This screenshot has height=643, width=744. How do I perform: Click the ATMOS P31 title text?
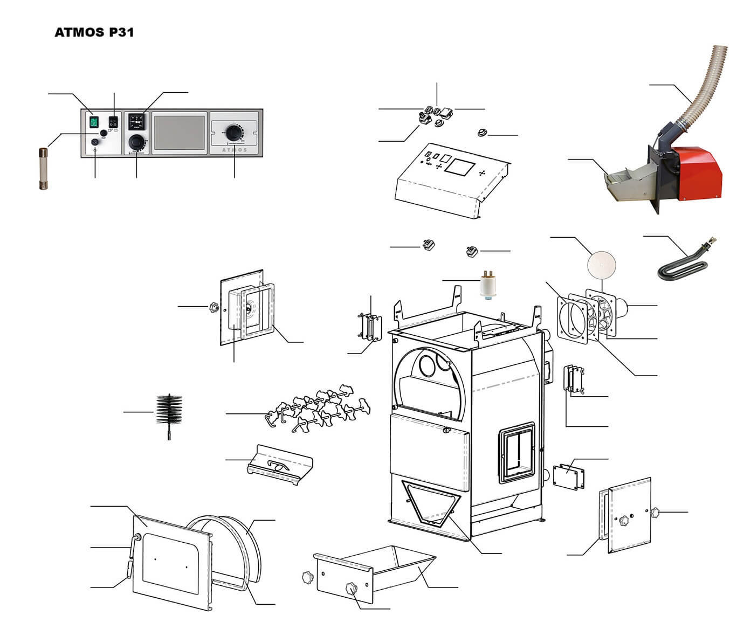(94, 32)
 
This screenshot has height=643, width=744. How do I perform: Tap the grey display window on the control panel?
(179, 133)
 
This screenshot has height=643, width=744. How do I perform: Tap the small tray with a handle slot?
(280, 464)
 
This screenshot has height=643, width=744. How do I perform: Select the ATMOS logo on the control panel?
(235, 150)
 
